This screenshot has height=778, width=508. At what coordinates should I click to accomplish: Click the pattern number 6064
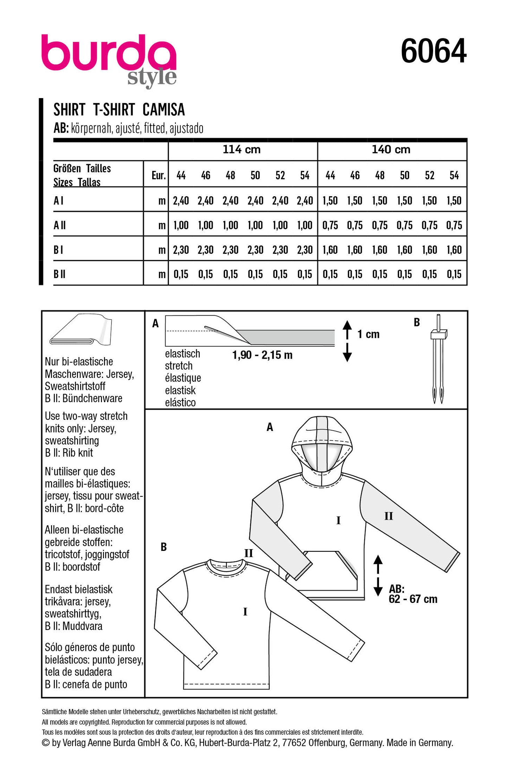pyautogui.click(x=433, y=51)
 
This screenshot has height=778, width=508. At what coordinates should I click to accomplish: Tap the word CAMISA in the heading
pyautogui.click(x=163, y=110)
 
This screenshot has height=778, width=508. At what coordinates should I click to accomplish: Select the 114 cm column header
pyautogui.click(x=242, y=149)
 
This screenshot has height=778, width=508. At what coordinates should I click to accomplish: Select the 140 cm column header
pyautogui.click(x=391, y=149)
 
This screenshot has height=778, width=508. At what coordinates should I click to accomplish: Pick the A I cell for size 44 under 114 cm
pyautogui.click(x=181, y=201)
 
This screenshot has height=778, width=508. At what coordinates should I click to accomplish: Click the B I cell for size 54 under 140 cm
pyautogui.click(x=454, y=250)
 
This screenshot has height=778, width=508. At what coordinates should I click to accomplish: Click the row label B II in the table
pyautogui.click(x=59, y=274)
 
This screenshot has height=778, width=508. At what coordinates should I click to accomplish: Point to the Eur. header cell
pyautogui.click(x=158, y=175)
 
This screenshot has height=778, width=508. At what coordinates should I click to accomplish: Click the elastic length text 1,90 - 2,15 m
pyautogui.click(x=262, y=355)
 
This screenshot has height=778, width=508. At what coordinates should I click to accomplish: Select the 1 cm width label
pyautogui.click(x=368, y=334)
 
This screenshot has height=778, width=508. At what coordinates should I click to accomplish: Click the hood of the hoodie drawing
pyautogui.click(x=322, y=439)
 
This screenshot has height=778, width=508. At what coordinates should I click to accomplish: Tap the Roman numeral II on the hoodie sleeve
pyautogui.click(x=388, y=516)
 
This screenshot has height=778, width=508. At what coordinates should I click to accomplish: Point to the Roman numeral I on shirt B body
pyautogui.click(x=245, y=612)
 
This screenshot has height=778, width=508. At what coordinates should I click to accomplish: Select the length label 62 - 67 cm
pyautogui.click(x=413, y=599)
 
